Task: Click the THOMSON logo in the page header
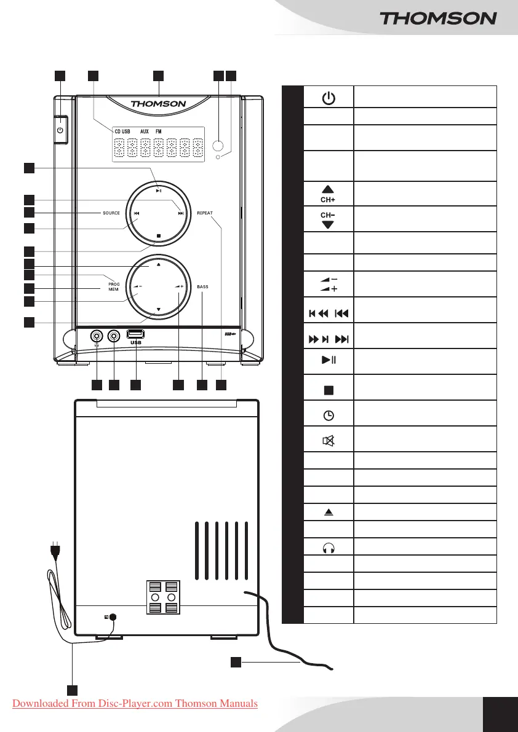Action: (438, 18)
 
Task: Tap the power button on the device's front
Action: (60, 130)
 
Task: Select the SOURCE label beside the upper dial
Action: (111, 213)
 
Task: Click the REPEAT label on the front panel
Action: (204, 213)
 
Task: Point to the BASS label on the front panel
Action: (203, 287)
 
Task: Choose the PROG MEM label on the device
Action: (113, 286)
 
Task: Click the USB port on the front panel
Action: (136, 334)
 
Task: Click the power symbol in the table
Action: (329, 98)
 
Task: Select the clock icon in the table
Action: (329, 415)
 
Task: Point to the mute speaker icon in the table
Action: (329, 440)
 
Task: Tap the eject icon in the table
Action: (329, 512)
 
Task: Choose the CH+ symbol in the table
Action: (329, 194)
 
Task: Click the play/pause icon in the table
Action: (329, 360)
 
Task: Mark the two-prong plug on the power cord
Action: (55, 549)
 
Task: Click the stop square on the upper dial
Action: (158, 235)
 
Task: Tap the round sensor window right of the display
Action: (217, 146)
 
